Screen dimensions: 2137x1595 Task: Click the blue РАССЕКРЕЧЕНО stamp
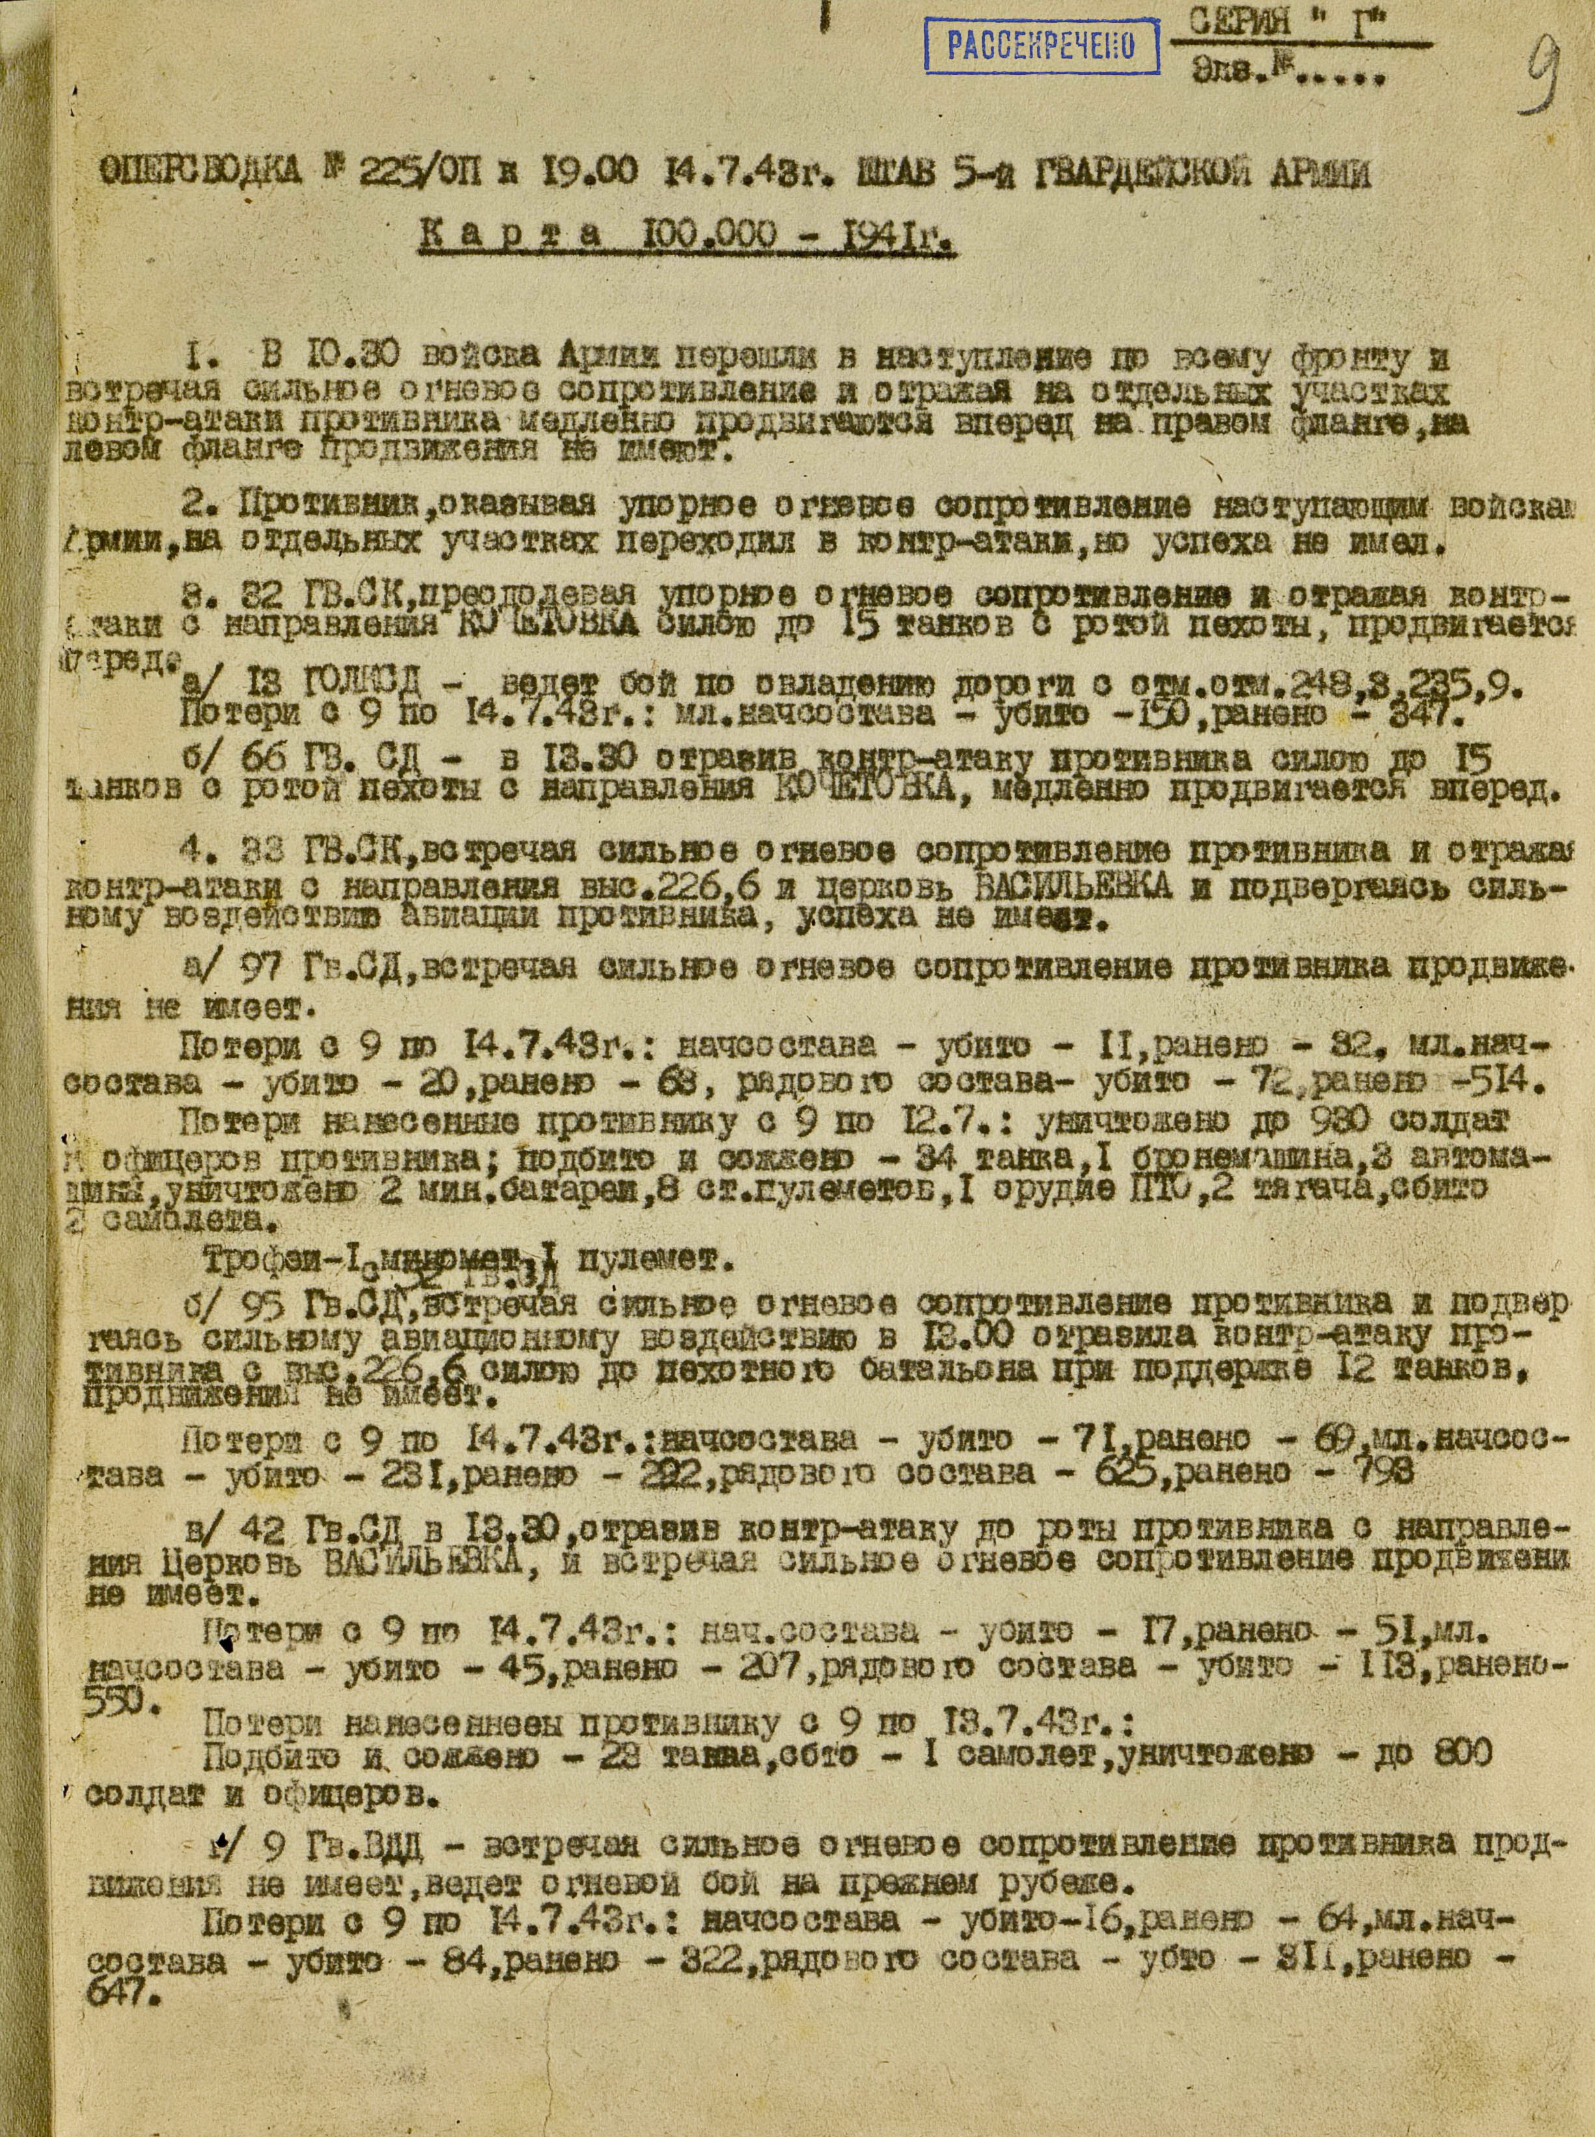coord(1041,46)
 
